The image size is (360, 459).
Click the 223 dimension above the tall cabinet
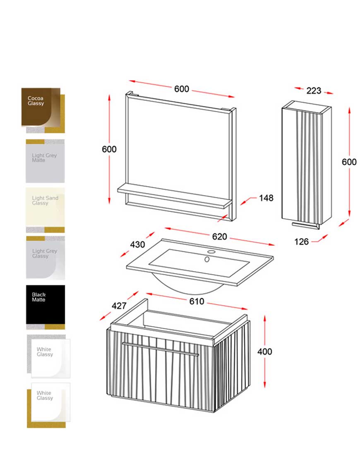[314, 91]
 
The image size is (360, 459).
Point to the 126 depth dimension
[301, 241]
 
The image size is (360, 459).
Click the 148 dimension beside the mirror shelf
[266, 198]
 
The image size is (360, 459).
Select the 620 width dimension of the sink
[219, 237]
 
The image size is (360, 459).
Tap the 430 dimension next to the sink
[137, 244]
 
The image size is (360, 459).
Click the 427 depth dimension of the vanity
[119, 306]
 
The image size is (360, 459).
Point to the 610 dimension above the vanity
[197, 301]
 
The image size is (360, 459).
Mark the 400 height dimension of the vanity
[265, 351]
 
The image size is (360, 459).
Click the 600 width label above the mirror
[182, 89]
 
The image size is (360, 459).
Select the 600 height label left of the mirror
[109, 149]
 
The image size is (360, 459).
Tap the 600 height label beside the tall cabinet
[349, 162]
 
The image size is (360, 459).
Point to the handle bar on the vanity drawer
[161, 349]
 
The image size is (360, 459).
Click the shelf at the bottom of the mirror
[175, 196]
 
